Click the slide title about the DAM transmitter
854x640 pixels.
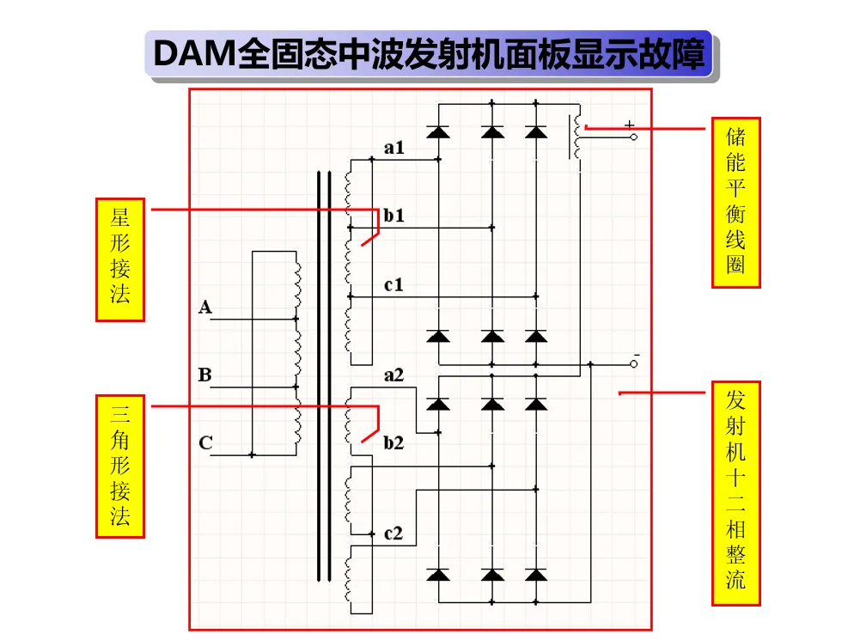pos(429,54)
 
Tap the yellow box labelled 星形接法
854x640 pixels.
pos(119,259)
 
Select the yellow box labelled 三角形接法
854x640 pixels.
pos(119,466)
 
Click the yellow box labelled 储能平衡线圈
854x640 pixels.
pos(735,202)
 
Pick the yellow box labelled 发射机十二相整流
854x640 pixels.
pos(735,493)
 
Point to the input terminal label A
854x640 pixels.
pos(204,308)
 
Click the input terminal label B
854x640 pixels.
pos(204,375)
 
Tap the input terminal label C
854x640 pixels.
pos(205,442)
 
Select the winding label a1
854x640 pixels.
pos(393,148)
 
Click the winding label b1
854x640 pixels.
pos(393,215)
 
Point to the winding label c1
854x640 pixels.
pos(393,284)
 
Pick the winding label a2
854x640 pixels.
pos(393,375)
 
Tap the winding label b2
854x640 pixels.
pos(393,442)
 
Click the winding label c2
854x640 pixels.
pos(393,533)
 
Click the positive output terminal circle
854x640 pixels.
pos(633,137)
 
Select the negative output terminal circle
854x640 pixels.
pos(633,364)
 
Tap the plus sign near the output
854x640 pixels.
pos(630,125)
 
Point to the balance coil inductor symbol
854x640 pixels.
pos(576,137)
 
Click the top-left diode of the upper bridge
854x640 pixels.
pos(438,132)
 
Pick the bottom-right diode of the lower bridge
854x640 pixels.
pos(536,576)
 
